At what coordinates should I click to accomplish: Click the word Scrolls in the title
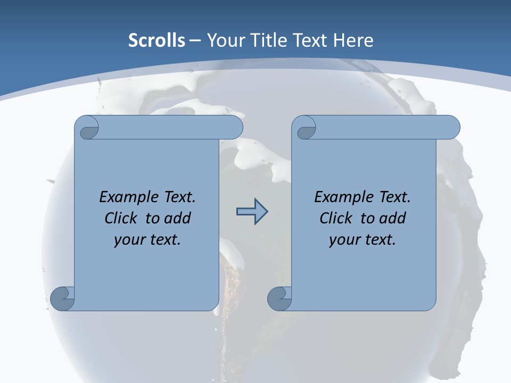[x=157, y=40]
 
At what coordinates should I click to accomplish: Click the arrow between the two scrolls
[x=252, y=212]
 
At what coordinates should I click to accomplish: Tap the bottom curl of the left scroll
[x=62, y=298]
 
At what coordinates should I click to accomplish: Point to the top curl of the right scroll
[x=306, y=128]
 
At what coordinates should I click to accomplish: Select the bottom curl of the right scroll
[x=279, y=298]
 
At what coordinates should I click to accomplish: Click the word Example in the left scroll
[x=125, y=197]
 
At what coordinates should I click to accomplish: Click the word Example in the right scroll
[x=340, y=197]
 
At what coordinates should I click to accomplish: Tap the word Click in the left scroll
[x=120, y=218]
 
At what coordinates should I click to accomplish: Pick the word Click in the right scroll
[x=335, y=218]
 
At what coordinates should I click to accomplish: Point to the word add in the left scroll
[x=177, y=218]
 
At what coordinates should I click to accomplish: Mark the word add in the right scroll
[x=392, y=218]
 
